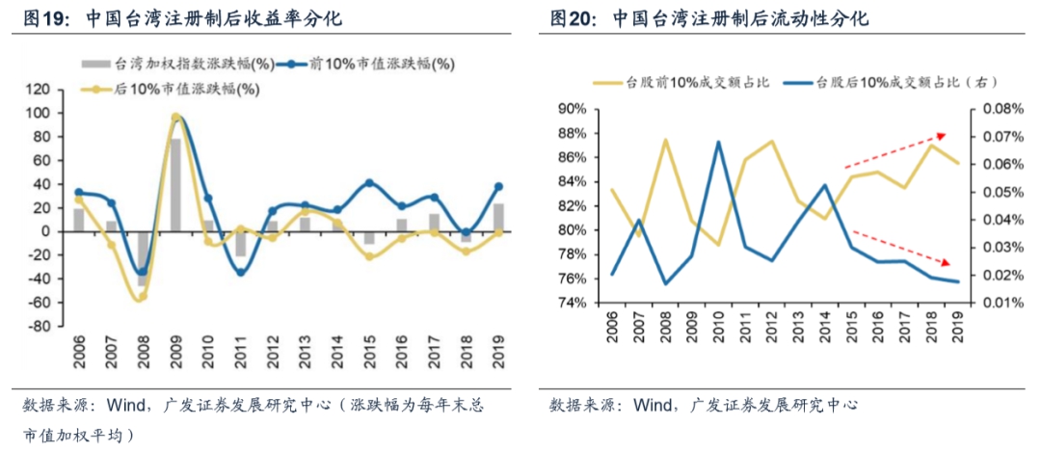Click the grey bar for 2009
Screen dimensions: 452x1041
click(175, 185)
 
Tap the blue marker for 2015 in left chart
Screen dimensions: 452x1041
click(369, 183)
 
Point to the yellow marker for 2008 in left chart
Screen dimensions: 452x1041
click(143, 297)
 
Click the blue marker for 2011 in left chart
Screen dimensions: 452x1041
click(241, 272)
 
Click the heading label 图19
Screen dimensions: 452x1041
click(44, 18)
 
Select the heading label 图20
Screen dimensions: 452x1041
click(572, 18)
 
